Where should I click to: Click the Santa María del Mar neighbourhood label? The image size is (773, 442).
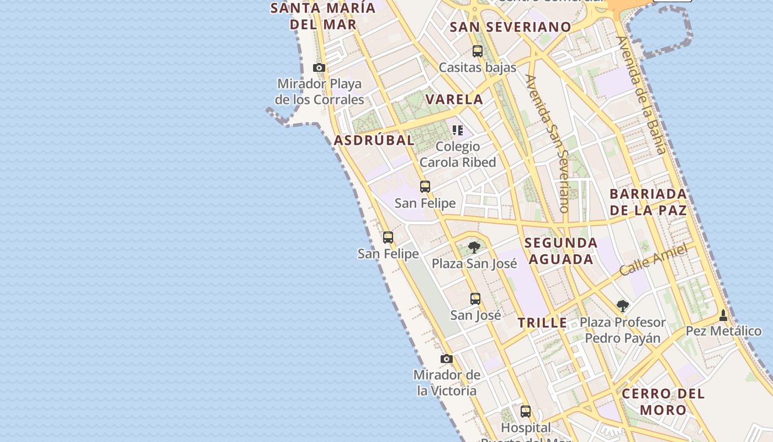[x=323, y=16]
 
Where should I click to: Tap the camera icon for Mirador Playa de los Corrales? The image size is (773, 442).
[x=319, y=68]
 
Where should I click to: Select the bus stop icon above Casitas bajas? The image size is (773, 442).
[x=478, y=51]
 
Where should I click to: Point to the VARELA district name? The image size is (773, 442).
[x=454, y=99]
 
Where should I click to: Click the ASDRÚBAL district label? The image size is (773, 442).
[x=374, y=140]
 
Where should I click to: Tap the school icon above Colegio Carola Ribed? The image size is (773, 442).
[x=458, y=130]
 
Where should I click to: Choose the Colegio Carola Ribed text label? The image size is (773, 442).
[x=458, y=154]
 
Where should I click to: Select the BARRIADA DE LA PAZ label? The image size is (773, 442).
[x=649, y=202]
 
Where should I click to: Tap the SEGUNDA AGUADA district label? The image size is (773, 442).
[x=560, y=251]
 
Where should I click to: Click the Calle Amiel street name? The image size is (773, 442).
[x=653, y=260]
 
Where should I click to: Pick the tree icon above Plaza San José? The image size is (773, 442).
[x=474, y=247]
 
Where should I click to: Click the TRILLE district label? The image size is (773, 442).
[x=542, y=323]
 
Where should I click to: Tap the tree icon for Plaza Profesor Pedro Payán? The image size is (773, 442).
[x=623, y=306]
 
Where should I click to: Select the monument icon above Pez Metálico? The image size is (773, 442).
[x=723, y=315]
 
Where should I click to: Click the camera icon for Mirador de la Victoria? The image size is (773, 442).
[x=447, y=359]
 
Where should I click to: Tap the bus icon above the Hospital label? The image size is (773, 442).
[x=526, y=412]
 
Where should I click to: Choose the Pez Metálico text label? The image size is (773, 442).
[x=723, y=331]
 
